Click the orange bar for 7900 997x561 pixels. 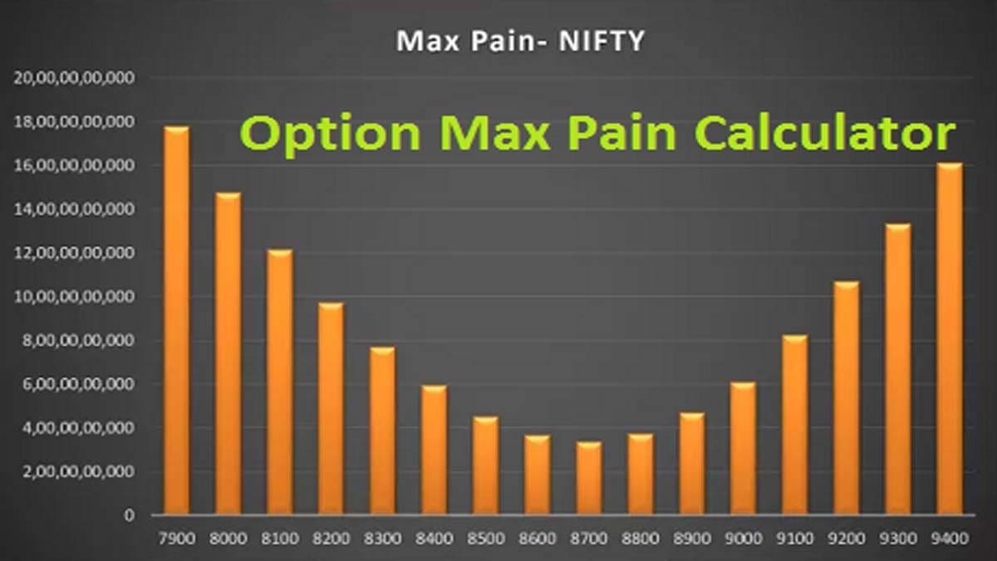point(176,320)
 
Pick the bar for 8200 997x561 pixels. point(331,408)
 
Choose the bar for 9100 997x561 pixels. point(794,425)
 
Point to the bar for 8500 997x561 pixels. point(485,465)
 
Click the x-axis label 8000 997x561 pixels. point(228,538)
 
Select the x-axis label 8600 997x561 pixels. point(537,538)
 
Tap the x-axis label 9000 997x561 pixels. point(743,538)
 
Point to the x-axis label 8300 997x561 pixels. point(382,538)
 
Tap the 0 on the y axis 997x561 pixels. point(129,515)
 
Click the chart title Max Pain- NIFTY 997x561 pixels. point(520,42)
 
